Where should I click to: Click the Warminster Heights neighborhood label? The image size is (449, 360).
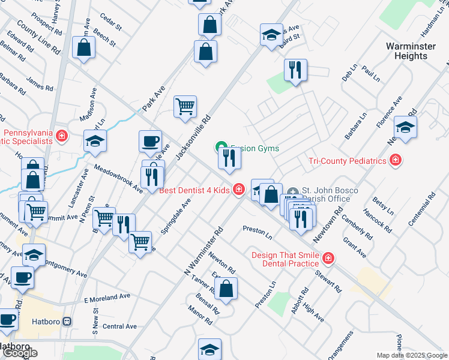coord(407,51)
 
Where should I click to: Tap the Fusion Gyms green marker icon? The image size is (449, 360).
coord(220,147)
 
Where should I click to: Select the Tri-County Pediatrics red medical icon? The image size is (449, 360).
coord(395,160)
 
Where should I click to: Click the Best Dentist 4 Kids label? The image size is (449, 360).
coord(194,190)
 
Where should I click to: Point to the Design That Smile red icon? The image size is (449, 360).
coord(328,259)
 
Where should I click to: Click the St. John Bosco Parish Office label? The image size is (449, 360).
coord(330,195)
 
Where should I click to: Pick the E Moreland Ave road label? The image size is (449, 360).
coord(107,298)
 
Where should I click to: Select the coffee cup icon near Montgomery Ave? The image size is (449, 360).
coord(23,277)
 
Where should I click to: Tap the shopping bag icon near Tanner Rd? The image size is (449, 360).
coord(227,290)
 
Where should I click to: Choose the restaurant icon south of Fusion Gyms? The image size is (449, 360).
coord(229,158)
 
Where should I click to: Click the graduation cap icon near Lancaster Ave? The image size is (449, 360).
coord(95,141)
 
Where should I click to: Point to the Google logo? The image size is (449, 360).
coord(20,353)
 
